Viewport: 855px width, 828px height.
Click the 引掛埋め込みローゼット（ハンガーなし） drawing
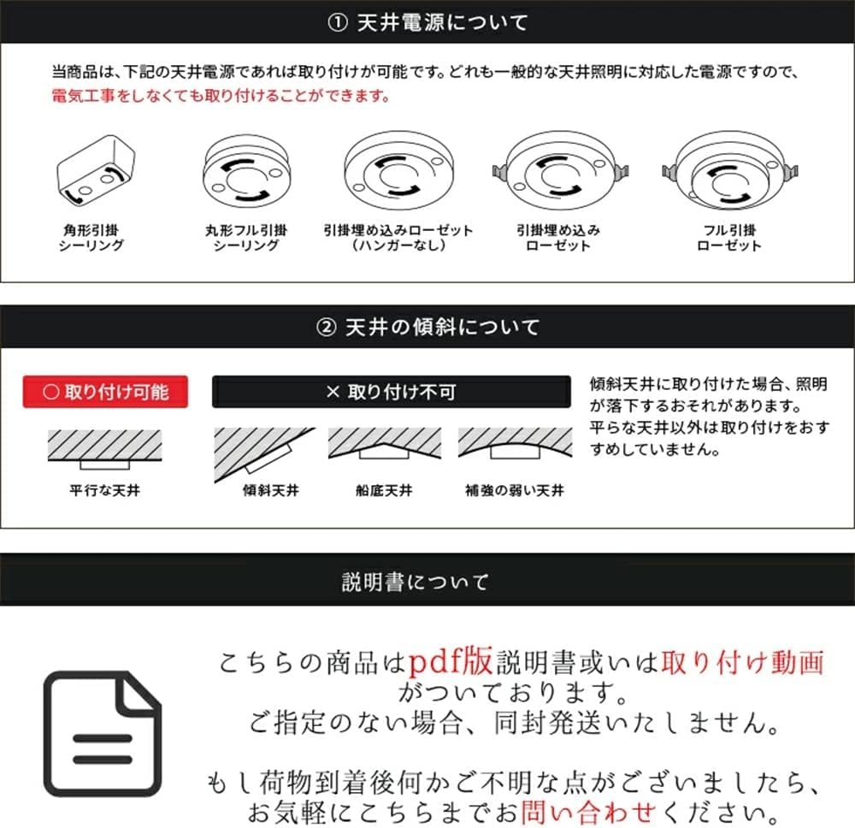[398, 173]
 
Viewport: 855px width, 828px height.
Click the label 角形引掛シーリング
[91, 238]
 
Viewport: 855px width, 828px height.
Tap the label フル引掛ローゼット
[729, 238]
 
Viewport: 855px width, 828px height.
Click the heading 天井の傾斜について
[427, 328]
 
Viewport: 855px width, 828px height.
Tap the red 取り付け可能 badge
[105, 393]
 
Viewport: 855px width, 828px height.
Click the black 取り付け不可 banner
[391, 393]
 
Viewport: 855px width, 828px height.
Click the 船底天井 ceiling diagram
[384, 445]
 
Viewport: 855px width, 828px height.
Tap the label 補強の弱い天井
[515, 491]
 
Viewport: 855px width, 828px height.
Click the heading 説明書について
[416, 583]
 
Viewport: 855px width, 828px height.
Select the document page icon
[103, 733]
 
